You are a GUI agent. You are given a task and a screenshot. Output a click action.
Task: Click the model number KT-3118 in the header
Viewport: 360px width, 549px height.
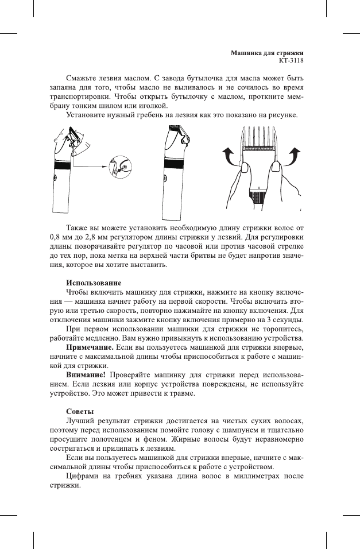tap(291, 60)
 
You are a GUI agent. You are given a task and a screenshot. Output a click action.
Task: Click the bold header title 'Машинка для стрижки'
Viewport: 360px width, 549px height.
tap(267, 52)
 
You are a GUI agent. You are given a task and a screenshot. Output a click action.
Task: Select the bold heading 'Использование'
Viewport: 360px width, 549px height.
tap(94, 283)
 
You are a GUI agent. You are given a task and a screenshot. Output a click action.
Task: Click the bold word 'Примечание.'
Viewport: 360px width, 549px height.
tap(90, 348)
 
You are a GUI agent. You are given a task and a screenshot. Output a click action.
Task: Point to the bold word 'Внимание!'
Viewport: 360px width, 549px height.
tap(86, 374)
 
